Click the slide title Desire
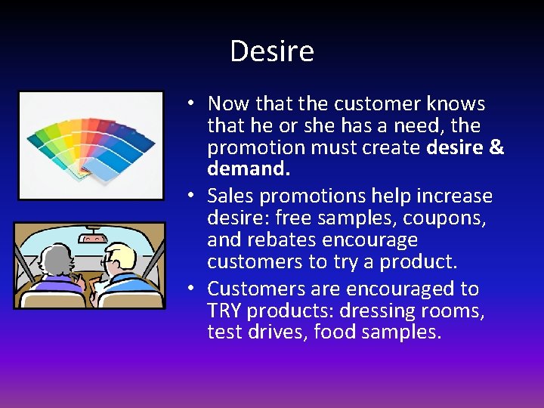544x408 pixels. pos(271,51)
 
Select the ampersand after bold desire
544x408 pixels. pos(496,147)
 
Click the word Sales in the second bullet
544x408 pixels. pos(231,196)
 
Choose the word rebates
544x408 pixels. pos(282,240)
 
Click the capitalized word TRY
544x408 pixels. pos(224,311)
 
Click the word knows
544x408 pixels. pos(456,104)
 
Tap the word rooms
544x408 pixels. pos(456,311)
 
